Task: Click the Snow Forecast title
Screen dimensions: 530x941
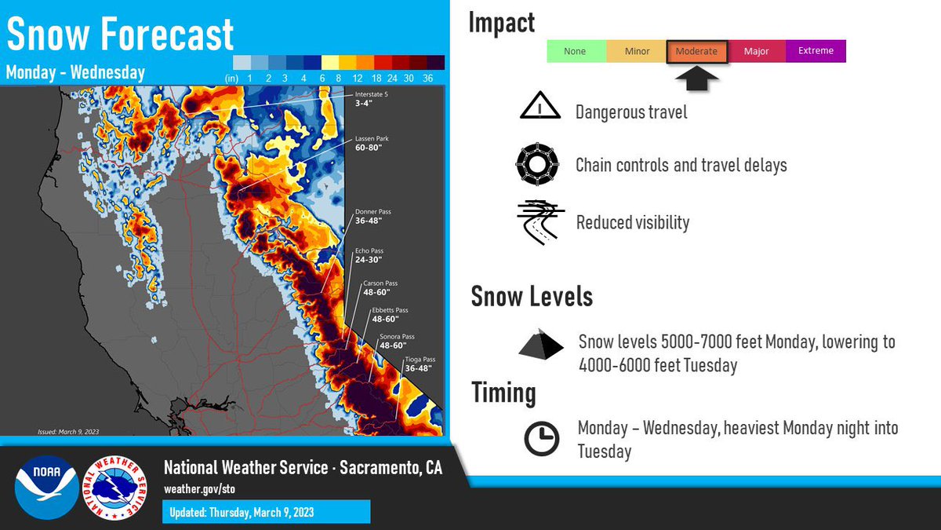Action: pos(120,33)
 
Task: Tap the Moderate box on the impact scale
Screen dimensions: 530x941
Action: pos(696,52)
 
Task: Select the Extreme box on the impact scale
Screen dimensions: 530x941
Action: pos(816,51)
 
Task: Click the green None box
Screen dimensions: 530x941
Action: pos(576,52)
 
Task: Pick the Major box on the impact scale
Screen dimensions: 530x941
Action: pos(756,52)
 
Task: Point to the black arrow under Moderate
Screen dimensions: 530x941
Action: pos(696,79)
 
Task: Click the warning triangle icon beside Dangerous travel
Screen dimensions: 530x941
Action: pos(540,107)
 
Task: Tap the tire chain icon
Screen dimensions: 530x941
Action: pos(537,164)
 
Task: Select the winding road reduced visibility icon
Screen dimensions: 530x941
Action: pos(540,222)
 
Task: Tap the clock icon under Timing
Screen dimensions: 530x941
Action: pos(541,439)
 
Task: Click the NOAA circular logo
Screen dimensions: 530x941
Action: pos(46,487)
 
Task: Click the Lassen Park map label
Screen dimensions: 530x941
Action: pos(371,143)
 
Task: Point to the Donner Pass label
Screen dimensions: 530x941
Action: pos(373,217)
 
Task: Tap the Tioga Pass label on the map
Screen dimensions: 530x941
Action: pos(419,364)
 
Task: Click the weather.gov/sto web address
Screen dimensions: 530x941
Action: pos(199,489)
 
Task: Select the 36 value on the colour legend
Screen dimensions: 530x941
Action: pos(428,79)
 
